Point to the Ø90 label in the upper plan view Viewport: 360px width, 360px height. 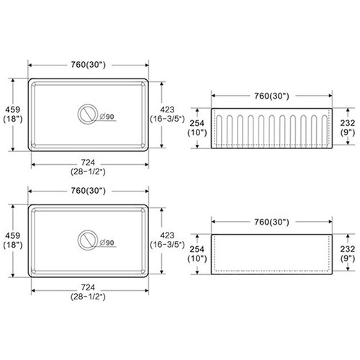(107, 117)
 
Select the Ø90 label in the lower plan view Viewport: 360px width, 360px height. (107, 243)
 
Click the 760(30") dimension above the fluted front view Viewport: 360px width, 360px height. (271, 96)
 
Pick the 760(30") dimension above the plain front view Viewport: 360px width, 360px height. (271, 222)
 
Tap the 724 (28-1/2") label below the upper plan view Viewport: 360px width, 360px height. (88, 167)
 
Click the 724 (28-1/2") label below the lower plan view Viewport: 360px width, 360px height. (88, 292)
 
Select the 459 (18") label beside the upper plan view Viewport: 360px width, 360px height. (13, 114)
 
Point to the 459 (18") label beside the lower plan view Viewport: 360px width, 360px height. (13, 240)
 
